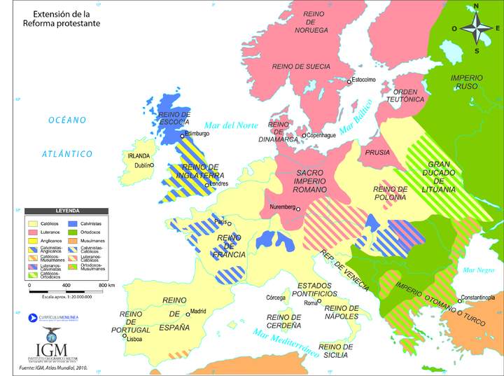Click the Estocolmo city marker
pyautogui.click(x=349, y=82)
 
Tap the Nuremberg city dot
pyautogui.click(x=297, y=208)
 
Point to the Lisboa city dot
pyautogui.click(x=125, y=335)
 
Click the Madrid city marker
pyautogui.click(x=187, y=311)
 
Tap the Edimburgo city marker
pyautogui.click(x=183, y=136)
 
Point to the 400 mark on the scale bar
pyautogui.click(x=66, y=286)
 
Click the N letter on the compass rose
pyautogui.click(x=476, y=7)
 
